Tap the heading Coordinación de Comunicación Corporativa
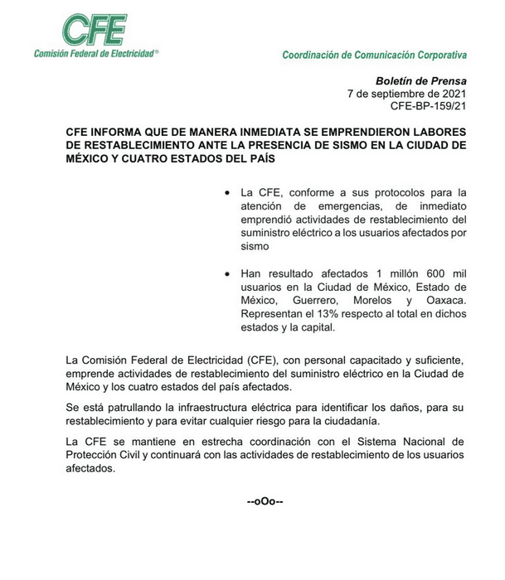[x=374, y=56]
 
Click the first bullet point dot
[x=227, y=194]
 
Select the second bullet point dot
[x=227, y=273]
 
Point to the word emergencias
[x=335, y=207]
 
